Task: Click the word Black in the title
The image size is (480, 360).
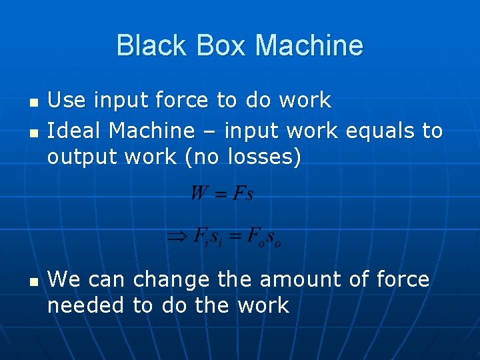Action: coord(147,45)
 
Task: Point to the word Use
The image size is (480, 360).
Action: coord(67,100)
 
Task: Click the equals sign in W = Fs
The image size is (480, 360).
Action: coord(221,194)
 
